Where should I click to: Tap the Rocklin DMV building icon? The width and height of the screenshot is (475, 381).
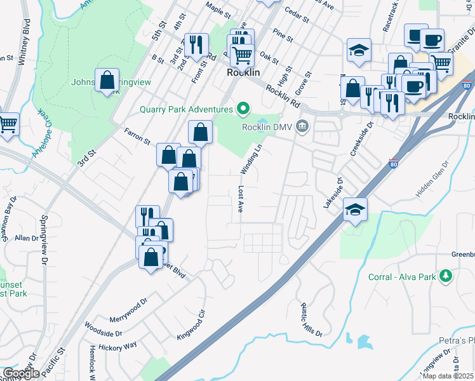(302, 126)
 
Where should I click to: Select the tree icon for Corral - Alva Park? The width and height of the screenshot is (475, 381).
(446, 275)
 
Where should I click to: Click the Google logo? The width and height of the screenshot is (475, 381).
(21, 373)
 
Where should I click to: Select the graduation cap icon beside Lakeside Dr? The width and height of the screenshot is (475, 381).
(355, 208)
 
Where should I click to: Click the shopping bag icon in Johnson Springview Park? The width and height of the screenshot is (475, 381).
(107, 80)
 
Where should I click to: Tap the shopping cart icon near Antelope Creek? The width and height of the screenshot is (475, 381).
(8, 124)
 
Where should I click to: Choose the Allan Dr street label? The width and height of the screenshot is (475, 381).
(27, 238)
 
